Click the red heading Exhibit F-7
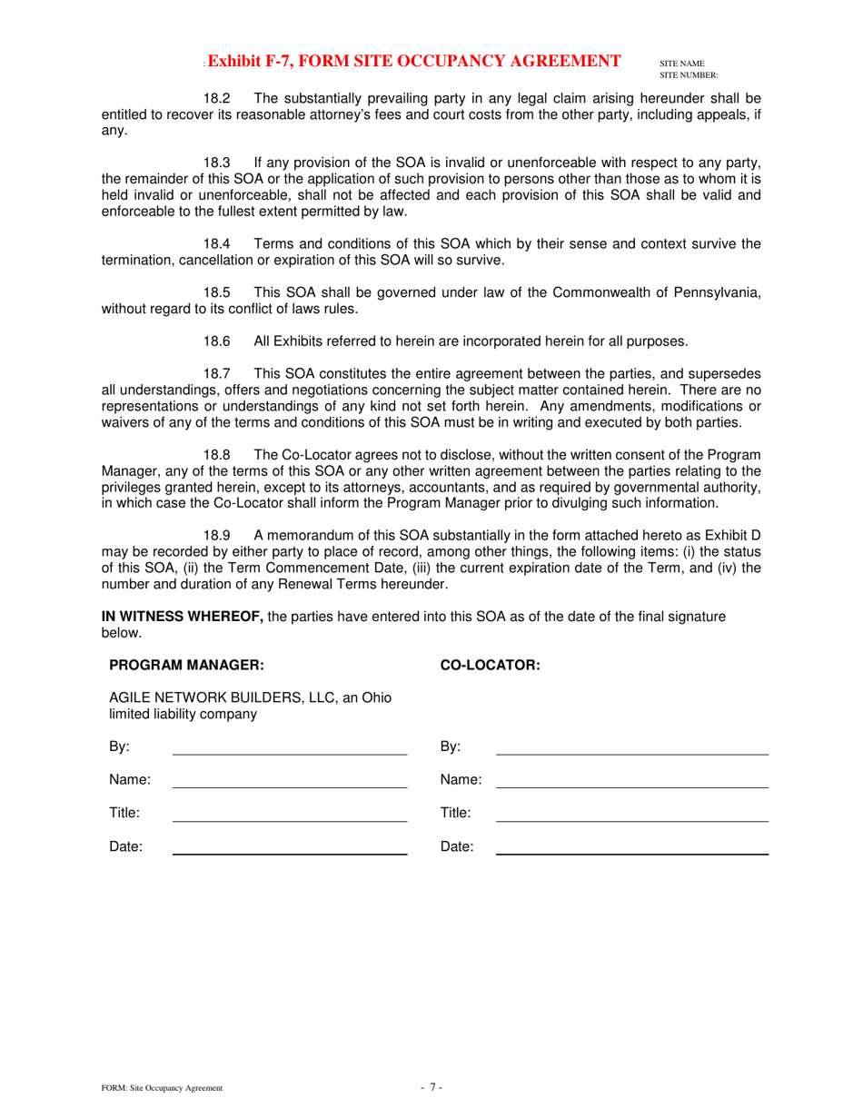coord(414,61)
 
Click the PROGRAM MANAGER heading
coord(186,665)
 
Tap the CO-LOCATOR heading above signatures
coord(490,665)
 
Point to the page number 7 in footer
coord(431,1087)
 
